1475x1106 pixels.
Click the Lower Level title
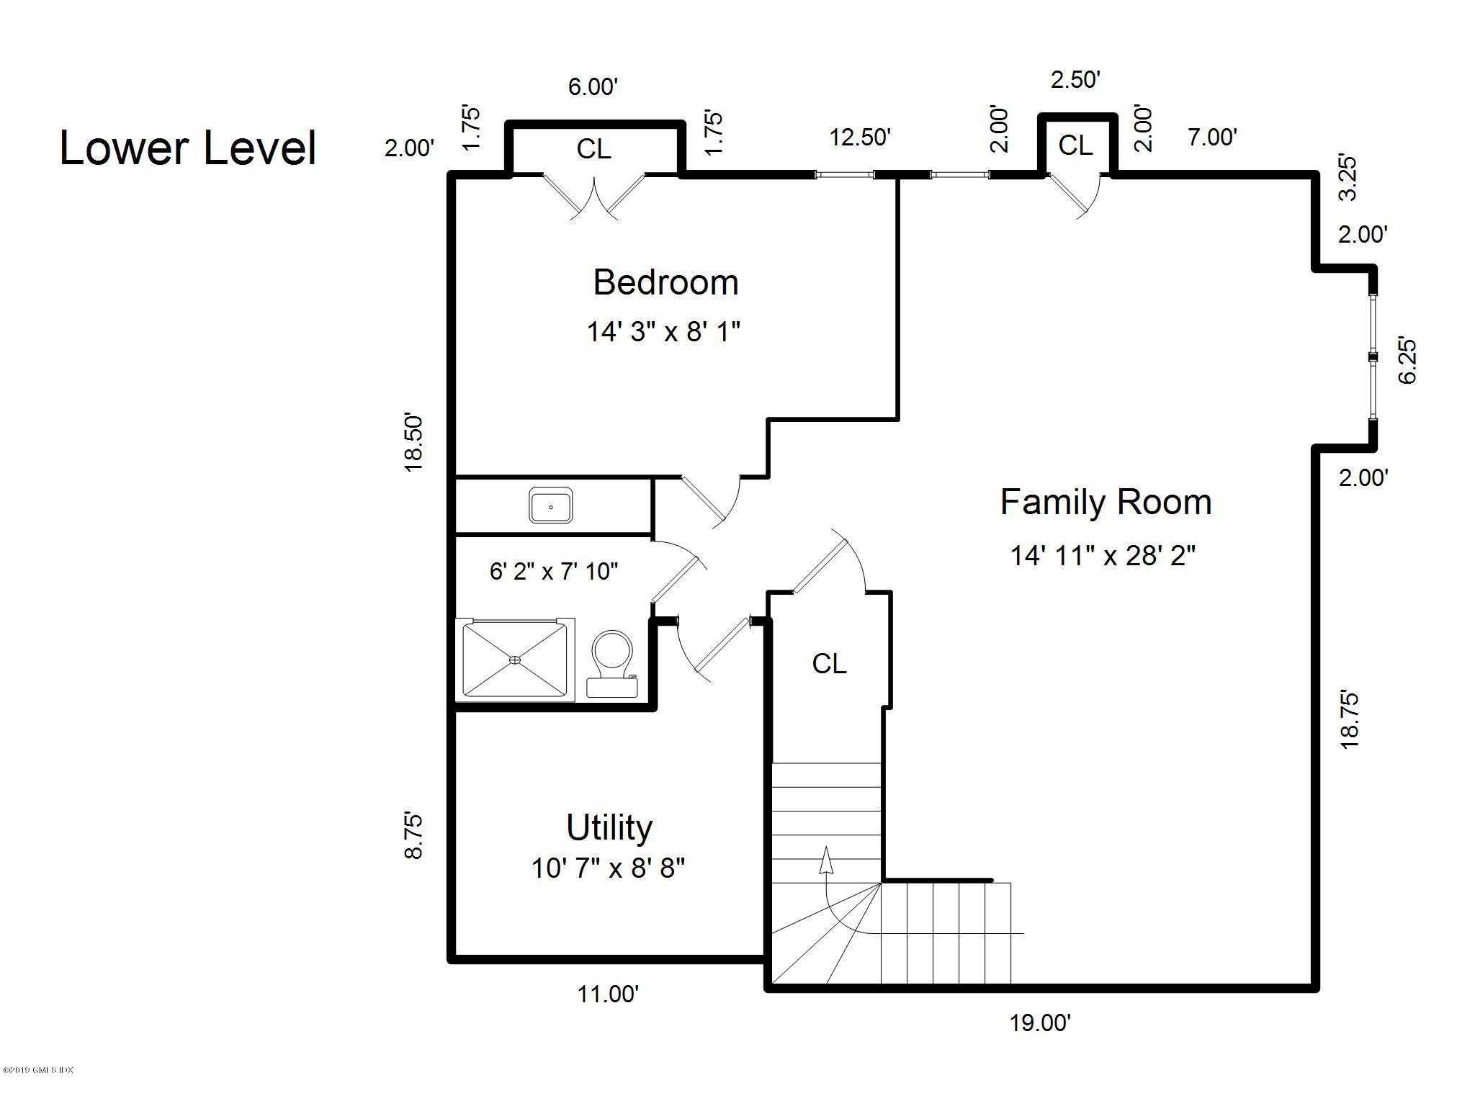pyautogui.click(x=188, y=148)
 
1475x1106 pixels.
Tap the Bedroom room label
pyautogui.click(x=665, y=282)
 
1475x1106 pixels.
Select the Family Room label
pyautogui.click(x=1106, y=503)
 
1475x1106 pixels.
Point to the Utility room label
pyautogui.click(x=609, y=828)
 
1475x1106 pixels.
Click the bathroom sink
pyautogui.click(x=551, y=505)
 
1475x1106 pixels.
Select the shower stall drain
pyautogui.click(x=515, y=659)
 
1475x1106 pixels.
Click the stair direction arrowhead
pyautogui.click(x=826, y=860)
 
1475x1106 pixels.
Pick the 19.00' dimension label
pyautogui.click(x=1039, y=1022)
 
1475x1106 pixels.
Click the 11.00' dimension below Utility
pyautogui.click(x=608, y=994)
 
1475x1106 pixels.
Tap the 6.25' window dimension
pyautogui.click(x=1407, y=360)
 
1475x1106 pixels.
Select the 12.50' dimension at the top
pyautogui.click(x=860, y=137)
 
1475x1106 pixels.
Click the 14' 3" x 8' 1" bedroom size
pyautogui.click(x=663, y=332)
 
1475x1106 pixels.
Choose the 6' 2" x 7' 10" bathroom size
pyautogui.click(x=554, y=572)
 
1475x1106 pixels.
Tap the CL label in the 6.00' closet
pyautogui.click(x=593, y=149)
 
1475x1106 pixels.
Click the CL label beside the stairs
pyautogui.click(x=829, y=664)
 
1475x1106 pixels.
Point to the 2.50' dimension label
pyautogui.click(x=1075, y=79)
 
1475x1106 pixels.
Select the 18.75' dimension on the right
pyautogui.click(x=1349, y=720)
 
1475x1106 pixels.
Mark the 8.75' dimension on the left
pyautogui.click(x=413, y=835)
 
